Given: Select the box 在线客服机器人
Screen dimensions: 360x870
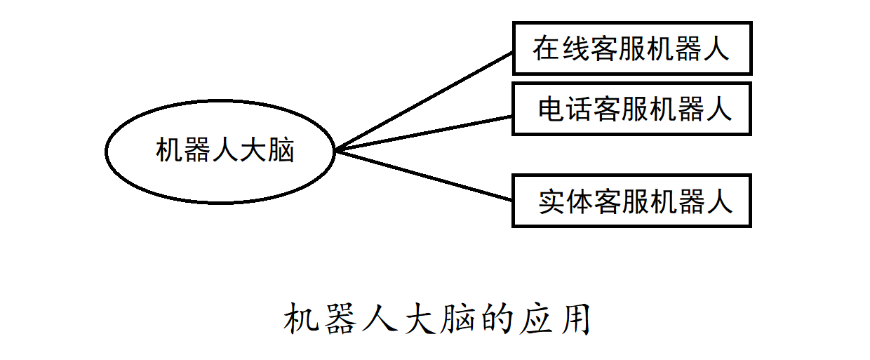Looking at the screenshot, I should (x=631, y=48).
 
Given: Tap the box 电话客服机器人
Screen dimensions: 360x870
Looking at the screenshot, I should (x=631, y=109).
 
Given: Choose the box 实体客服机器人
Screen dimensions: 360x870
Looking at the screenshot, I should (x=631, y=201).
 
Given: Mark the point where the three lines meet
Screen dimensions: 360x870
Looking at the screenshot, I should (x=336, y=150).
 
